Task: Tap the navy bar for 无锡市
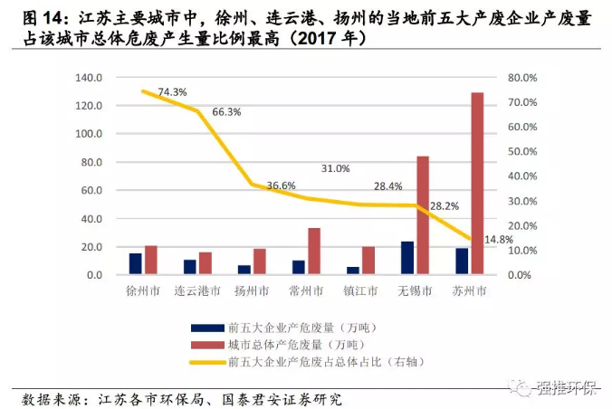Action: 407,257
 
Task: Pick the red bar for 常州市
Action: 314,251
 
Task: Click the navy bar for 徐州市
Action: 136,263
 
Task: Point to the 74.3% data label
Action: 172,92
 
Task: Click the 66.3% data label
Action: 226,112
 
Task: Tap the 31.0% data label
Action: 335,168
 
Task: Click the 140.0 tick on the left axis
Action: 90,78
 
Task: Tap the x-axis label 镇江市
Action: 360,291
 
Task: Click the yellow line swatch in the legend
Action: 205,362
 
